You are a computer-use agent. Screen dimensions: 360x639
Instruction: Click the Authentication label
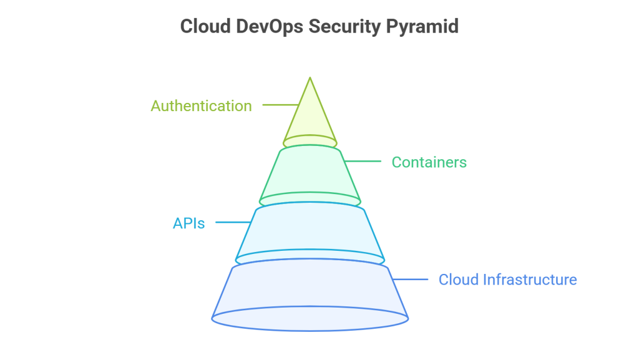pos(201,106)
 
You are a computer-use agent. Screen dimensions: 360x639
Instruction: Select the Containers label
pos(429,162)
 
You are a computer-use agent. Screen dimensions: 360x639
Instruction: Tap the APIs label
pos(188,223)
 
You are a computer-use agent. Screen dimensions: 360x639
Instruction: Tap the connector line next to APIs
pos(232,222)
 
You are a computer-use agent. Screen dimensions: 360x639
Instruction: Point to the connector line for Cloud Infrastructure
pos(409,279)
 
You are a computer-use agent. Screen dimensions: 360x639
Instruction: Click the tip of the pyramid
pos(310,78)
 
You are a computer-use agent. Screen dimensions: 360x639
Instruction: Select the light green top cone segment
pos(310,119)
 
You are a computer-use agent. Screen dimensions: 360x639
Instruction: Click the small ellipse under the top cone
pos(310,142)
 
